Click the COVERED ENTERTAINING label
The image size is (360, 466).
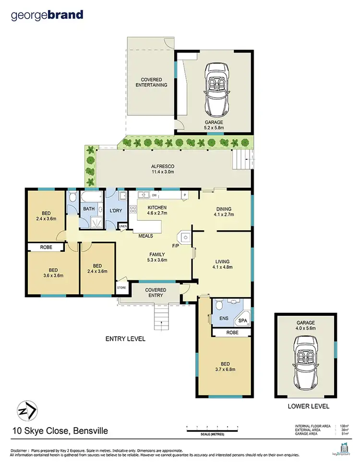pyautogui.click(x=154, y=82)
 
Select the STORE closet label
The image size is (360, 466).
pyautogui.click(x=121, y=288)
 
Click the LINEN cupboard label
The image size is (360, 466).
pyautogui.click(x=122, y=226)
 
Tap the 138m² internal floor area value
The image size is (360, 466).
pyautogui.click(x=343, y=426)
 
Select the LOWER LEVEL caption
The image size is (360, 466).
pyautogui.click(x=308, y=406)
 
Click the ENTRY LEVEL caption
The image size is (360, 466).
pyautogui.click(x=125, y=338)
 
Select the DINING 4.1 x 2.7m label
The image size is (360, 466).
pyautogui.click(x=224, y=212)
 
